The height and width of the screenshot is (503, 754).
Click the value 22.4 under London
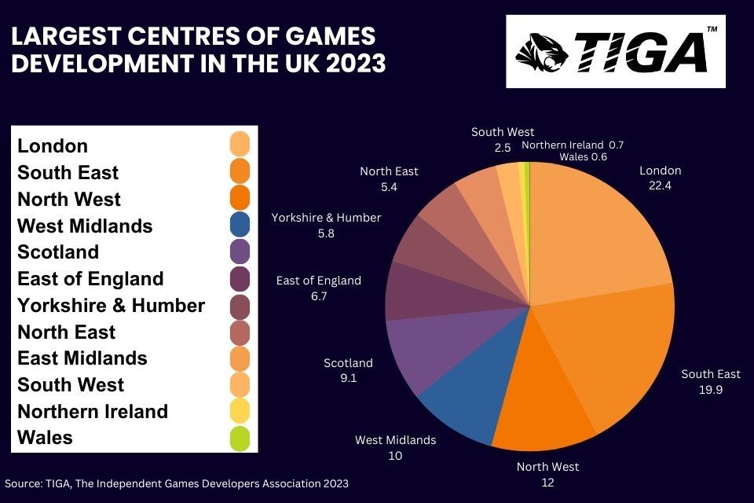tap(661, 186)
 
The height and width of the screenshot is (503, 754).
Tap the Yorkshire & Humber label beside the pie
tap(326, 218)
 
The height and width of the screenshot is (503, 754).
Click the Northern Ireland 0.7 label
tap(573, 145)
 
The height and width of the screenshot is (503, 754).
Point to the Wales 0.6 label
tap(584, 156)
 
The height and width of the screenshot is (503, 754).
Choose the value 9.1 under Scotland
tap(348, 379)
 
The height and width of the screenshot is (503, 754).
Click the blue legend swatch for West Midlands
tap(240, 226)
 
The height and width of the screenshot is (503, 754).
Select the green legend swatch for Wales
tap(240, 438)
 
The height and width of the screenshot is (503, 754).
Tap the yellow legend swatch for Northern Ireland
tap(240, 411)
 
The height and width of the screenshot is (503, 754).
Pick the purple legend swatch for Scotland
tap(240, 252)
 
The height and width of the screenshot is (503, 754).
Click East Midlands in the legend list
tap(82, 358)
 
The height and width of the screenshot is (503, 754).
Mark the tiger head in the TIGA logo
tap(540, 51)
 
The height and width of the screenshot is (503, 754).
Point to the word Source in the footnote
tap(23, 483)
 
